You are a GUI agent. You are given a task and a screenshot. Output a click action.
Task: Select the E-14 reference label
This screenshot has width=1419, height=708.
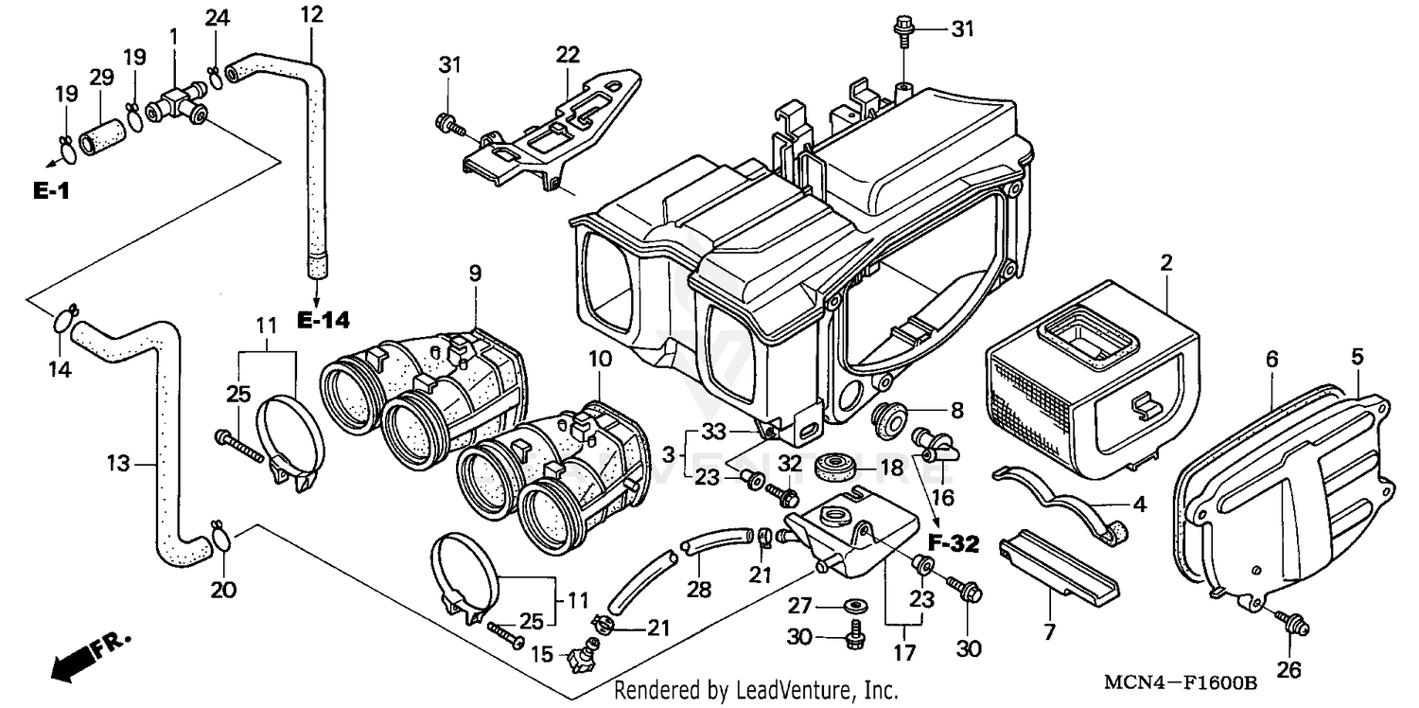(323, 321)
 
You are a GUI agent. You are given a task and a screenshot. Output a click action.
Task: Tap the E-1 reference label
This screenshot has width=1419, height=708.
(51, 191)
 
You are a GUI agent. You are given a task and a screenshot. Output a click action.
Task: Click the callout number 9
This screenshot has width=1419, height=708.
(474, 274)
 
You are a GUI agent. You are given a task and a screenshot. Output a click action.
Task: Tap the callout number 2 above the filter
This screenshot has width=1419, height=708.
(1166, 262)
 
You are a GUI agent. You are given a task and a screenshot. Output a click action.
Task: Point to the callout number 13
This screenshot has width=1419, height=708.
(116, 464)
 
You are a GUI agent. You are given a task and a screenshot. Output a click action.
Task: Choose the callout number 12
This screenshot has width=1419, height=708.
(311, 14)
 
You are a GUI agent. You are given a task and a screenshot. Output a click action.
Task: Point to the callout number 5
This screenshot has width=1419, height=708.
(1357, 357)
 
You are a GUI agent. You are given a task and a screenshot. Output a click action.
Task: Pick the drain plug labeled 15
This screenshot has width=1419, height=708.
(582, 655)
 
